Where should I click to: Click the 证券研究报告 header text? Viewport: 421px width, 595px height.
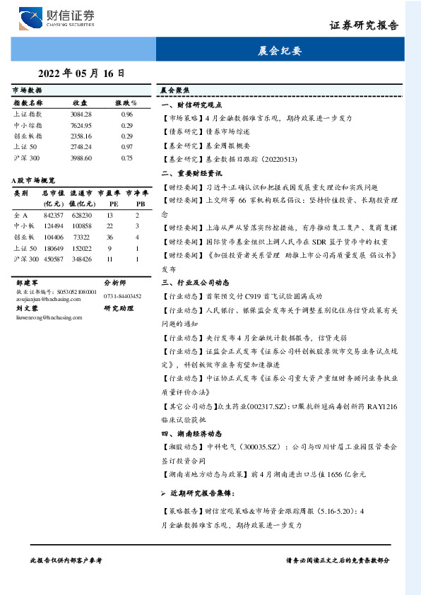(x=364, y=25)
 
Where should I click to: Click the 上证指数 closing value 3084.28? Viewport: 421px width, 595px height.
(x=81, y=114)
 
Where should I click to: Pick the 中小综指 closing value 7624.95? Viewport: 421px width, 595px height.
(x=81, y=125)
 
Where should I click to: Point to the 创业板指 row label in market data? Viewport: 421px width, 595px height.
(x=28, y=136)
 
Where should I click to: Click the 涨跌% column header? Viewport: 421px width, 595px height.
(x=126, y=103)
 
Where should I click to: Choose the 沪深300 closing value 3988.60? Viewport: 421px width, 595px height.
(x=81, y=158)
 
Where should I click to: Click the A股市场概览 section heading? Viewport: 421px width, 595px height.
(x=33, y=181)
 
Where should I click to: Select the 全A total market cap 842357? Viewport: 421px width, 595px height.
(x=54, y=215)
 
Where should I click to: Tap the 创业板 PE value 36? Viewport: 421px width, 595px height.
(x=109, y=237)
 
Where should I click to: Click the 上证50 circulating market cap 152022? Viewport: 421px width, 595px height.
(x=81, y=249)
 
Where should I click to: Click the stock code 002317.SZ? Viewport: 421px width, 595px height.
(x=261, y=406)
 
